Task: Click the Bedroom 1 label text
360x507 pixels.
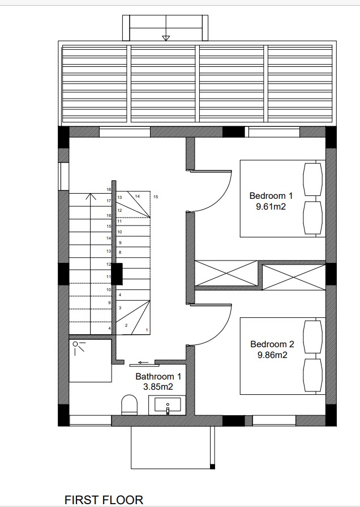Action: coord(271,196)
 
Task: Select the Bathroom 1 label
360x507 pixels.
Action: coord(158,376)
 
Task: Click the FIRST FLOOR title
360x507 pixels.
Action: coord(104,499)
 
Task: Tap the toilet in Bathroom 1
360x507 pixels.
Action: coord(130,404)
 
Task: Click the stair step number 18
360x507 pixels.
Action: coord(108,190)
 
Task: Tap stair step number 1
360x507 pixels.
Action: coord(147,330)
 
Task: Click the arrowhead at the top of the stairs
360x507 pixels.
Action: coord(89,197)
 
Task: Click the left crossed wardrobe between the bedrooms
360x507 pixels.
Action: coord(226,275)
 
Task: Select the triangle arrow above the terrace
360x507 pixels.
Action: coord(165,38)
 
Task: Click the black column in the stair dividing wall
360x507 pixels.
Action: coord(117,274)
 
